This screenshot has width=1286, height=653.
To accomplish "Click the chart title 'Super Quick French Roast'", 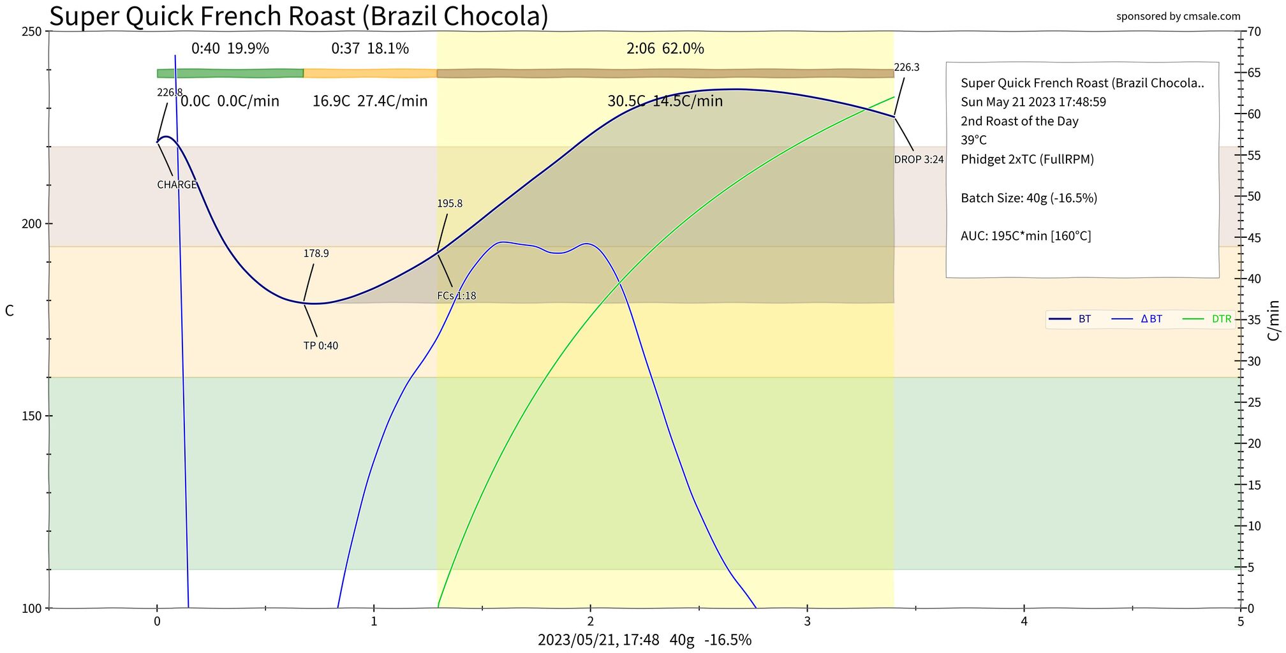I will pos(299,16).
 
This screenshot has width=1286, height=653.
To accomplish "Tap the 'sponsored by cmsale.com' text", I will pos(1178,16).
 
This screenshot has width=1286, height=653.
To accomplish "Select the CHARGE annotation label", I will pos(177,185).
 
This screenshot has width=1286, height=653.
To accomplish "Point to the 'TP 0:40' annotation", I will pos(321,346).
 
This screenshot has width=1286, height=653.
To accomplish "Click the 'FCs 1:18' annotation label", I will pos(457,296).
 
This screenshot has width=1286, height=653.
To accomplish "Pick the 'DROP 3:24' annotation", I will pos(919,159).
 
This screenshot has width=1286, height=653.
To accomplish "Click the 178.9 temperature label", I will pos(316,253).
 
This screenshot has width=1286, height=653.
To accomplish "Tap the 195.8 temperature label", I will pos(450,203).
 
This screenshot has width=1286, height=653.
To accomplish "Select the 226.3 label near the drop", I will pos(906,68).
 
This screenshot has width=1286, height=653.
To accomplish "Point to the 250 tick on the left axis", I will pos(32,31).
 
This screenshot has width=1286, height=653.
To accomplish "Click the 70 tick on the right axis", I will pos(1253,31).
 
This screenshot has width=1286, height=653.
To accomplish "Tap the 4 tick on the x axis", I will pos(1024,621).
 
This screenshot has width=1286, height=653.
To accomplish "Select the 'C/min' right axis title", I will pos(1273,321).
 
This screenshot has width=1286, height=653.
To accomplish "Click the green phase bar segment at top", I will pos(230,73).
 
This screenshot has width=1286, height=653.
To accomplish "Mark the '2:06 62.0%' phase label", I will pos(665,48).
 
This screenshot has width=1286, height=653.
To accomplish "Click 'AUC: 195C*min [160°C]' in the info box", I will pos(1026,236).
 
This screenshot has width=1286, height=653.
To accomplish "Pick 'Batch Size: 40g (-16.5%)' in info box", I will pos(1029,198).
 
